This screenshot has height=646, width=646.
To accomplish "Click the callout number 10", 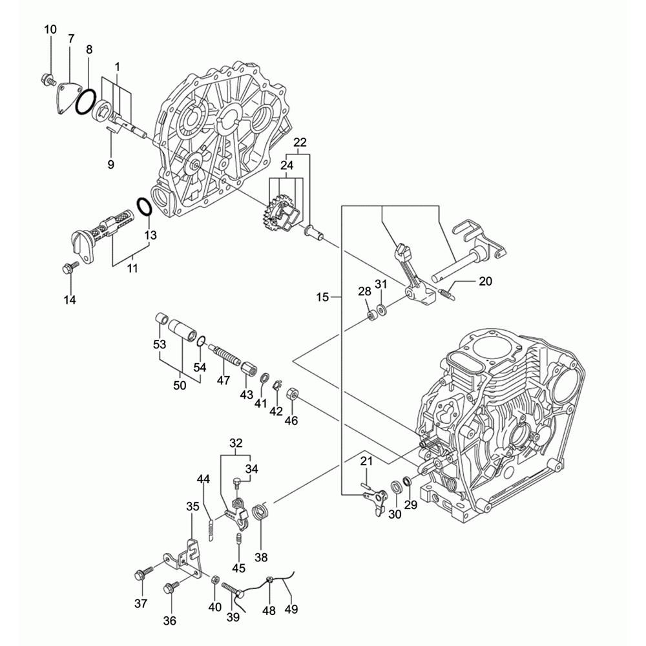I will click(x=50, y=29).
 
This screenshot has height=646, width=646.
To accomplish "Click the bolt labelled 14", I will click(x=68, y=267).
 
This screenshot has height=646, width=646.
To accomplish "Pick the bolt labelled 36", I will click(x=172, y=587).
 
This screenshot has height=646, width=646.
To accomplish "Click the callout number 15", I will click(x=324, y=297).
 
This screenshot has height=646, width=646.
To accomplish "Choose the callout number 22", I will click(x=300, y=143).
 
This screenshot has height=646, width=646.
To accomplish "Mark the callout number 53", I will click(x=160, y=346).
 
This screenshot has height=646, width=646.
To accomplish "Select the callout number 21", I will click(x=366, y=461).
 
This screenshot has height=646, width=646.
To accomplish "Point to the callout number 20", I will click(x=485, y=281).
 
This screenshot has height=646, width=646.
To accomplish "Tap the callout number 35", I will click(x=193, y=506).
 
